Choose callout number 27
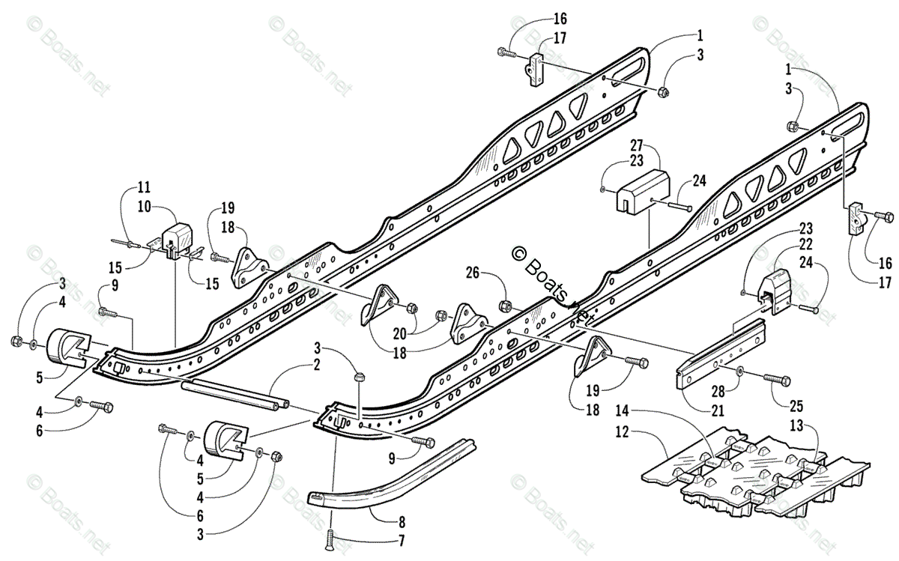tap(636, 145)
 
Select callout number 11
tap(144, 187)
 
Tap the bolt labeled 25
tap(775, 380)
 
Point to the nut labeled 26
tap(505, 306)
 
